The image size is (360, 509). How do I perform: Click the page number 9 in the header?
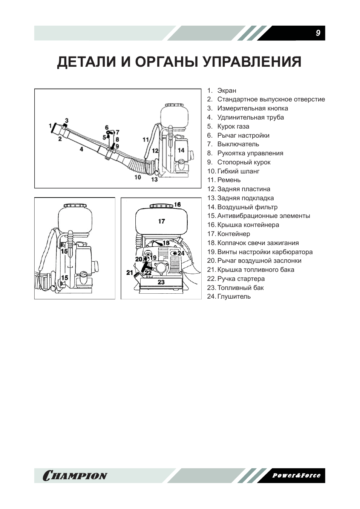[x=318, y=33]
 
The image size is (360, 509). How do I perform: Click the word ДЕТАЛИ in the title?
[x=86, y=62]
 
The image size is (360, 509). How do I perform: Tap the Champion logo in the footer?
[x=75, y=475]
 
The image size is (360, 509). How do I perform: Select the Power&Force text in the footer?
[x=296, y=475]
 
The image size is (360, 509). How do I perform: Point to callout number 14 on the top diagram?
[x=181, y=150]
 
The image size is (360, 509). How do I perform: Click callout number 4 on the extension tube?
[x=81, y=149]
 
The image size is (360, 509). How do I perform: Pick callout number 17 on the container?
[x=161, y=221]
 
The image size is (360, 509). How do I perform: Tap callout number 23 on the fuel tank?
[x=161, y=282]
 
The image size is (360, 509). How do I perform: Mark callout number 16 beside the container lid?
[x=177, y=205]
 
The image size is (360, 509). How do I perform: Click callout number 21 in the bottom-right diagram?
[x=130, y=272]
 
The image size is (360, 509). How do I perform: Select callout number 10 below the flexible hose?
[x=138, y=176]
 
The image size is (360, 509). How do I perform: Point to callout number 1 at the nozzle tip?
[x=50, y=125]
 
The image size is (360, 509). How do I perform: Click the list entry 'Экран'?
[x=227, y=90]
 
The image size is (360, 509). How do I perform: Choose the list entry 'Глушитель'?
[x=234, y=297]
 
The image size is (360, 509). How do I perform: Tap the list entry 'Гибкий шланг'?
[x=238, y=171]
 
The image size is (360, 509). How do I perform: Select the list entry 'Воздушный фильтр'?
[x=247, y=207]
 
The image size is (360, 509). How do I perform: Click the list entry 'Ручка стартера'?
[x=241, y=279]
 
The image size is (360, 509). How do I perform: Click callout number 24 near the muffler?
[x=181, y=253]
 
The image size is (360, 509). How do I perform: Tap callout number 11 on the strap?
[x=146, y=140]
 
